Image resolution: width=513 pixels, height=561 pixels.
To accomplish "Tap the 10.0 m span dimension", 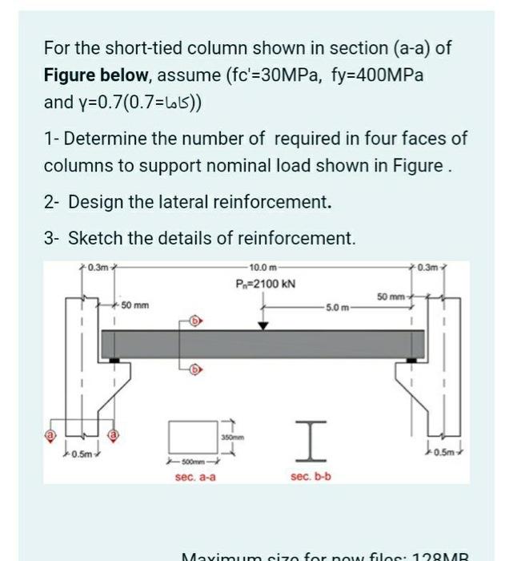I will [x=263, y=267].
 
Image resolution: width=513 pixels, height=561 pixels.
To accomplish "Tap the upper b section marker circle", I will [x=195, y=321].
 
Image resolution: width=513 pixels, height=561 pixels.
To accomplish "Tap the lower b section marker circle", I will [x=195, y=369].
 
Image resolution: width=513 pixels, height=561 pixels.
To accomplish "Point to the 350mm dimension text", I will [x=233, y=438].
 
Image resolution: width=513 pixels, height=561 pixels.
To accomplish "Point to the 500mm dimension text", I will [x=194, y=462].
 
